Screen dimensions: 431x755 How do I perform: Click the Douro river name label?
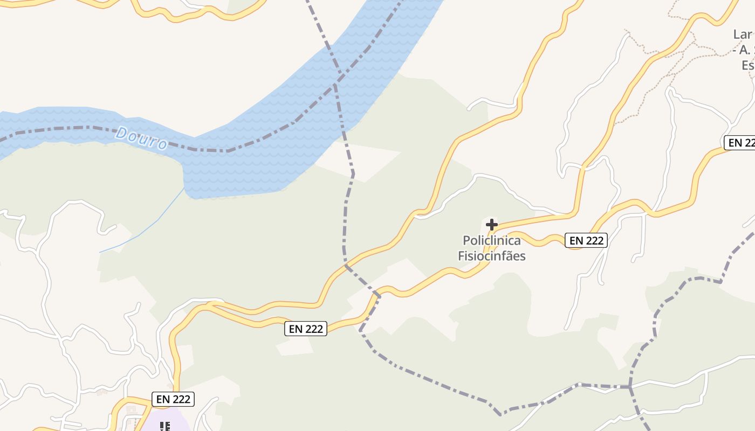tap(141, 138)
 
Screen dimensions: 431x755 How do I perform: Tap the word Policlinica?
tap(492, 240)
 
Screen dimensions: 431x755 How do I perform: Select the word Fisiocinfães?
tap(492, 256)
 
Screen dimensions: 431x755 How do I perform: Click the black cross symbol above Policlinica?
tap(492, 225)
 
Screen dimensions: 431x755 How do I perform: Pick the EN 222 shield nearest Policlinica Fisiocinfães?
tap(586, 240)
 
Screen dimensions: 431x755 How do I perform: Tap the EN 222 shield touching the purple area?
tap(173, 399)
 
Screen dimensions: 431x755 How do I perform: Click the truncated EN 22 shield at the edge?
tap(739, 142)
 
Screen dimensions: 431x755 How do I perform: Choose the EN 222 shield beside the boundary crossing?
tap(306, 329)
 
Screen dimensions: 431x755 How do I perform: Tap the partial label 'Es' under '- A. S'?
tap(747, 65)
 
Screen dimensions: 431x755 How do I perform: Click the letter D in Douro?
tap(122, 133)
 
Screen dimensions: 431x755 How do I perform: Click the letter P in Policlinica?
tap(466, 240)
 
